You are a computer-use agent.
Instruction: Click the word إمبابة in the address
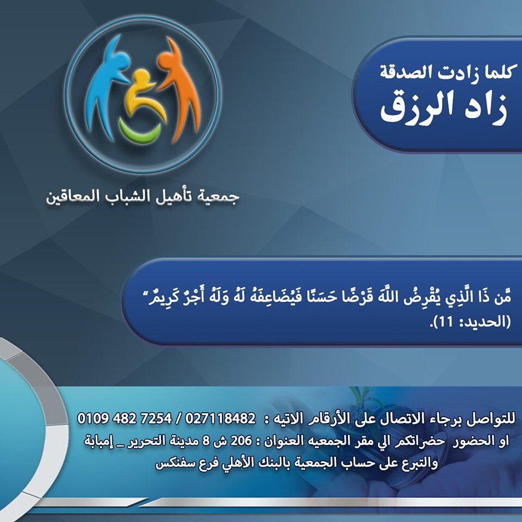[x=104, y=441]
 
